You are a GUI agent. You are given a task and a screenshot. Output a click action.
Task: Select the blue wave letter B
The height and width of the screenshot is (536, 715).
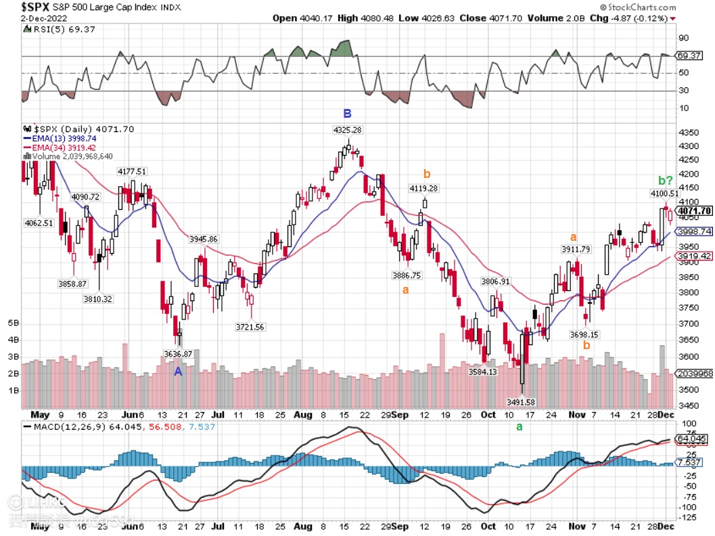click(347, 113)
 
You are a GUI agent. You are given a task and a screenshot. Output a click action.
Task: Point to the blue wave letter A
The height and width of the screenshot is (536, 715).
click(179, 372)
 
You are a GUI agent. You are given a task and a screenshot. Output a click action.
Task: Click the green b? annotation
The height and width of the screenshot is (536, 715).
click(665, 181)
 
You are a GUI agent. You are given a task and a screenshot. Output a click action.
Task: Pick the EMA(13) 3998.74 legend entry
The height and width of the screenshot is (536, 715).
click(59, 137)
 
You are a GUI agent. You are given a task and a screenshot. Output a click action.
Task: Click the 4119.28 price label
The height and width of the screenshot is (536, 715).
click(424, 189)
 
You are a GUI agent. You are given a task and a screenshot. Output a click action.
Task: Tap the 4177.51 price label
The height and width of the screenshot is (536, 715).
click(132, 172)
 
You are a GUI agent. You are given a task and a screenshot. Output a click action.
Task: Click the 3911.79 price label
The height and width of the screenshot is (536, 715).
click(576, 250)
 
